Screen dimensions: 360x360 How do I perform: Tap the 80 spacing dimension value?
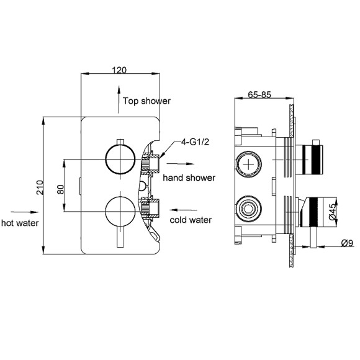(60, 187)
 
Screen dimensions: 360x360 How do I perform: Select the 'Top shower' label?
(146, 101)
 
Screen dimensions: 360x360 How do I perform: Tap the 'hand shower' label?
(189, 178)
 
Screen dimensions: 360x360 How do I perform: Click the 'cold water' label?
(191, 220)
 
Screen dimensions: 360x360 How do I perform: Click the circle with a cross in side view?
(248, 164)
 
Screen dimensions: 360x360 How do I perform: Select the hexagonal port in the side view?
(248, 206)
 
